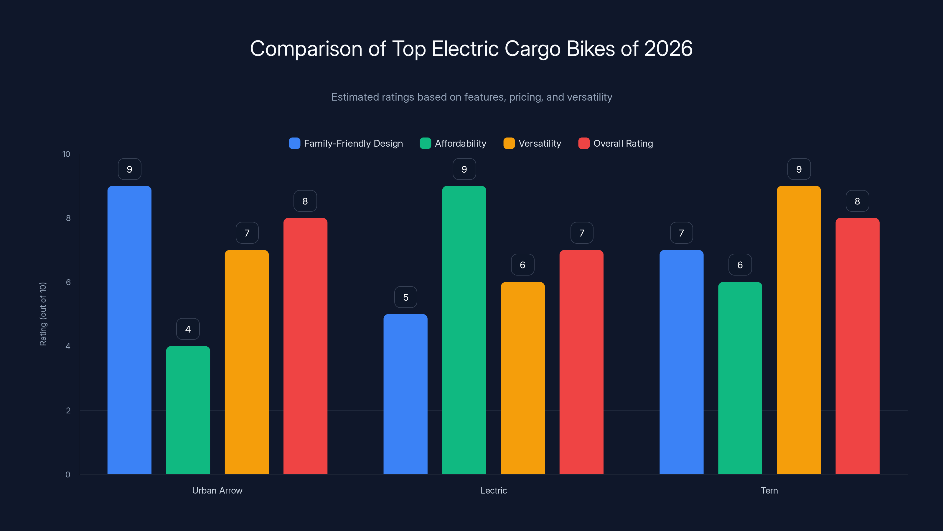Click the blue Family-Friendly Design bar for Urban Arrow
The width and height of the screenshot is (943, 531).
coord(129,330)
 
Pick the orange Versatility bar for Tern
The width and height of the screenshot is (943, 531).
coord(799,330)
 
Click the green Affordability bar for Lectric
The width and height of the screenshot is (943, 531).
coord(464,330)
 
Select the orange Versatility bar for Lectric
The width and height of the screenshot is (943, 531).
coord(522,378)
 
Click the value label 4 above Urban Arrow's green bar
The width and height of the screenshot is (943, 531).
coord(188,329)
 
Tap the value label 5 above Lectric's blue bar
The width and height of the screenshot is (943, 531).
coord(405,297)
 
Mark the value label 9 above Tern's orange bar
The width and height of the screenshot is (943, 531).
coord(799,169)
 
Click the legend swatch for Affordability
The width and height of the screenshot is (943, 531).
coord(425,143)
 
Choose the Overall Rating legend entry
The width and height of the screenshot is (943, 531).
coord(623,143)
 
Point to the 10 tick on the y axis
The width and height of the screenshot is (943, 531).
coord(66,154)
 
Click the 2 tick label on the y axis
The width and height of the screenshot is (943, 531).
coord(68,410)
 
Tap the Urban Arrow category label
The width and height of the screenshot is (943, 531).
coord(217,490)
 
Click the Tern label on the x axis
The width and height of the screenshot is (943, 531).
coord(769,490)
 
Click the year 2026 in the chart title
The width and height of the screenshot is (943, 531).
coord(668,49)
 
